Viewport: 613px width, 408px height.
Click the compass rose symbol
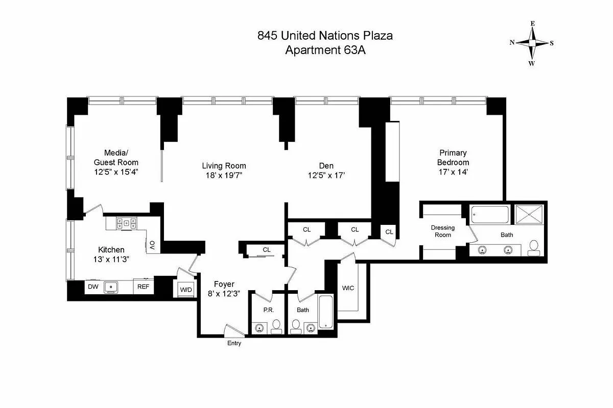532,43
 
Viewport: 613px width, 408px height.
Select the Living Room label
224,166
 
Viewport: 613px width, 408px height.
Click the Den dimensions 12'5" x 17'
326,175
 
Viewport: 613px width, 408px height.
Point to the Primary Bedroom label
452,157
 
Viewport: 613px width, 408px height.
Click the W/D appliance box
185,290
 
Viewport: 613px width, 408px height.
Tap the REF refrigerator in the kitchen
144,287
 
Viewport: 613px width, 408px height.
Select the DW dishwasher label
93,287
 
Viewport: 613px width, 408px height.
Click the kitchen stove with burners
126,222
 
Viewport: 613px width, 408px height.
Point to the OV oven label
152,245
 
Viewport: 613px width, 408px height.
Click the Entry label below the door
234,343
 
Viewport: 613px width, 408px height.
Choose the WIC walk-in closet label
348,288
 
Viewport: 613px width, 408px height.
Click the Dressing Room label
442,232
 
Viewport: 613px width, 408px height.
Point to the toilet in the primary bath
534,247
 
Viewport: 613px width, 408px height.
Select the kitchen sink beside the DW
111,287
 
